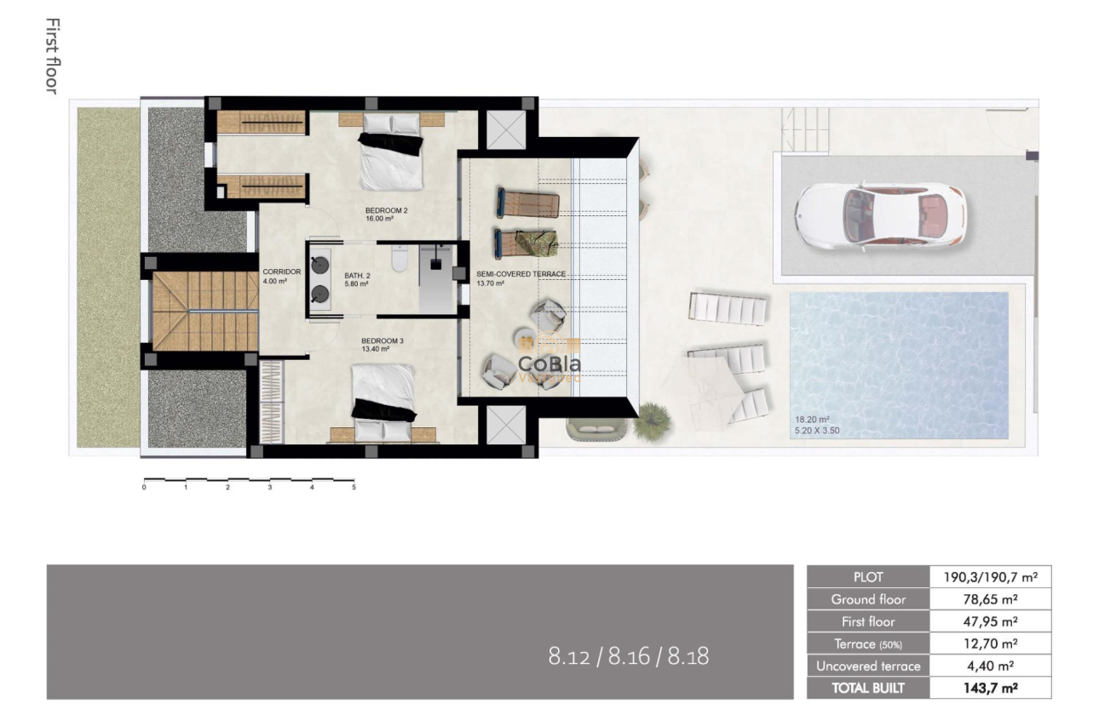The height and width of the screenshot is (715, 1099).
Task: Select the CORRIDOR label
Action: click(281, 272)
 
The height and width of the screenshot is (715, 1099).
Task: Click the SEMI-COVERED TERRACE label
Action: click(521, 274)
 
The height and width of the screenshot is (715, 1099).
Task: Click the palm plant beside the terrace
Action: click(652, 419)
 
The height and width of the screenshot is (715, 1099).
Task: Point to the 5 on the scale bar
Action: click(353, 488)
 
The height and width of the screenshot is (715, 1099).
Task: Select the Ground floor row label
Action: click(868, 599)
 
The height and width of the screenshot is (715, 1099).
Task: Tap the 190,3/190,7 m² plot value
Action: click(990, 577)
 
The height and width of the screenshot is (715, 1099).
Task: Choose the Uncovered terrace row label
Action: click(868, 666)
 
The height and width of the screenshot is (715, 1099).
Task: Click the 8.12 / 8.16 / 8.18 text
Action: click(629, 656)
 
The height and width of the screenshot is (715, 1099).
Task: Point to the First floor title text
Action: click(52, 55)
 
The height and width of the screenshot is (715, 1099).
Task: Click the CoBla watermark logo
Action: click(549, 364)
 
